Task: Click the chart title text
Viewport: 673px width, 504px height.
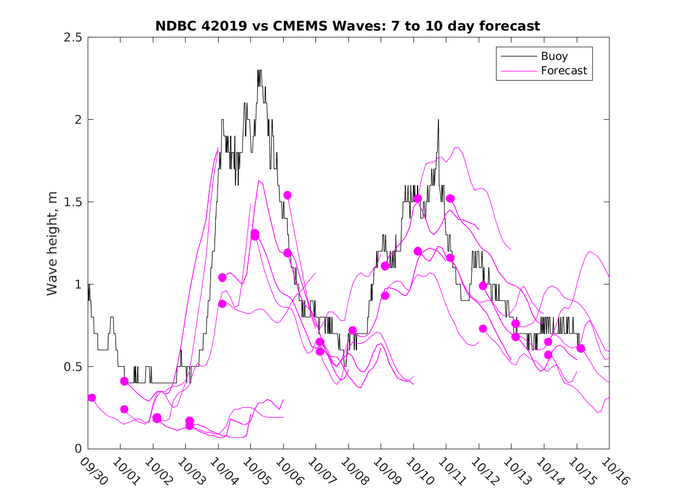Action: click(x=348, y=26)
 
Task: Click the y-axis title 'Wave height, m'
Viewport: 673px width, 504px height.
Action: click(x=52, y=243)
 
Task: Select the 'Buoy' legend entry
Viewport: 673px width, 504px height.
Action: click(x=554, y=56)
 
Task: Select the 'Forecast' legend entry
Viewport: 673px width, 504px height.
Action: click(x=563, y=71)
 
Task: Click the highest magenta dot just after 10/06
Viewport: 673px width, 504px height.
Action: click(x=287, y=195)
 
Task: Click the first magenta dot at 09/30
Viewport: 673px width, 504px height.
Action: click(x=92, y=397)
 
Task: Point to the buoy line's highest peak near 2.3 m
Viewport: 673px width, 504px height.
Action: click(x=260, y=71)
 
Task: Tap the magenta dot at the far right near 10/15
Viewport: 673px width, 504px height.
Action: click(x=581, y=348)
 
